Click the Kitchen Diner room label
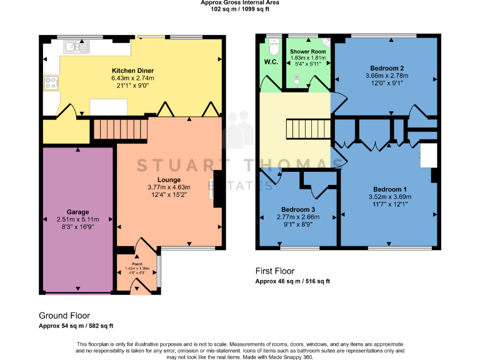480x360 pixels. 132,71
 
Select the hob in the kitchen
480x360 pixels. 51,82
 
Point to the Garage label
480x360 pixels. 78,212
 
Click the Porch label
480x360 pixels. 137,264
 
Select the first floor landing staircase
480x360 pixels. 299,131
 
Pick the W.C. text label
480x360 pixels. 271,62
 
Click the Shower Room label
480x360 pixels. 307,51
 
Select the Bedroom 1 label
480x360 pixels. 390,189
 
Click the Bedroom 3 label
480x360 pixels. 297,209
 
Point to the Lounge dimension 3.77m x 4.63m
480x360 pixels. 168,187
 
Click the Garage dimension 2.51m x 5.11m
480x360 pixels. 78,219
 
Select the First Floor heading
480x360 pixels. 276,271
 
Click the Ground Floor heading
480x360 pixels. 64,316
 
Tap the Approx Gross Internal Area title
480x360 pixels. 240,3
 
